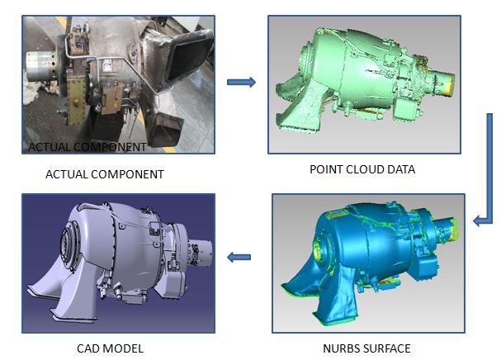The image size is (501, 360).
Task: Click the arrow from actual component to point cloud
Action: [x=241, y=83]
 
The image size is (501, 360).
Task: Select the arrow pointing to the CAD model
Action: [x=239, y=257]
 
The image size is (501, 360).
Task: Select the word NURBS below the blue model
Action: [x=340, y=348]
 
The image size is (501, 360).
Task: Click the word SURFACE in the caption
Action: [x=385, y=348]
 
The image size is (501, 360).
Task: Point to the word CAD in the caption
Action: [x=87, y=348]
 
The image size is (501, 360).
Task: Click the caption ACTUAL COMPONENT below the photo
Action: [x=105, y=174]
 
